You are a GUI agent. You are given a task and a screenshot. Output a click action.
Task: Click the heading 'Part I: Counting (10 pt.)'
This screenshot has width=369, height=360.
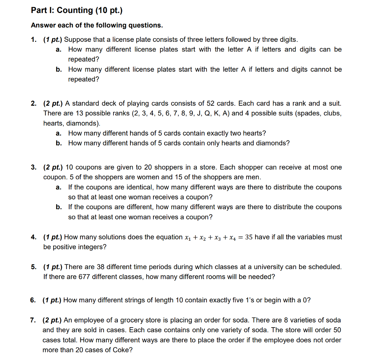point(77,10)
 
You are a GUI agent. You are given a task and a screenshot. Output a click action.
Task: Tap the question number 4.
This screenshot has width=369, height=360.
point(33,237)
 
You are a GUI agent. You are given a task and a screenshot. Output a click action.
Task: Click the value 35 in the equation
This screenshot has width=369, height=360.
point(249,237)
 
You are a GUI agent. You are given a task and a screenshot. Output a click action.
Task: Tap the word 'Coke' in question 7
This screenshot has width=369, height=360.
point(122,350)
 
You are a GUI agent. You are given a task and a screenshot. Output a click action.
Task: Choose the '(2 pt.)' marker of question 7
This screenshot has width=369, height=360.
point(52,320)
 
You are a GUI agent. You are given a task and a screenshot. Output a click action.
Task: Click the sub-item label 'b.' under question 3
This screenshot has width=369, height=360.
point(59,207)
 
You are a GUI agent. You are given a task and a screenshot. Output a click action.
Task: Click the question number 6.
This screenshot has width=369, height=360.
point(33,300)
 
